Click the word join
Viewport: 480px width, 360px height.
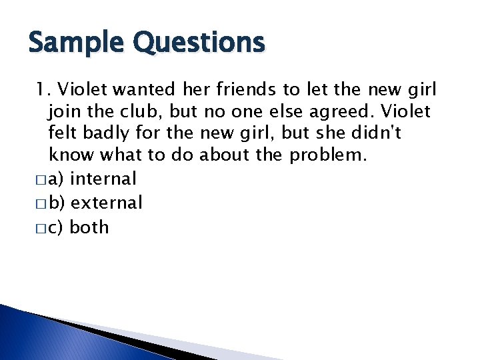pyautogui.click(x=64, y=111)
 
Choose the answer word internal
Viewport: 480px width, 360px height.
pyautogui.click(x=103, y=179)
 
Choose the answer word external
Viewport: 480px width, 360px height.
pyautogui.click(x=106, y=203)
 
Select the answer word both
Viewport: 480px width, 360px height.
pyautogui.click(x=89, y=227)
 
